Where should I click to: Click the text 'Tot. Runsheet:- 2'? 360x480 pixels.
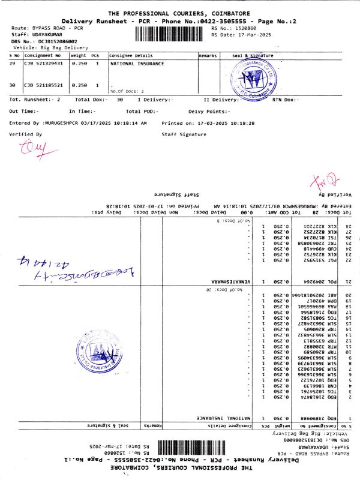[x=35, y=99]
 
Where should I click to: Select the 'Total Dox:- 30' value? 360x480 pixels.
[x=100, y=99]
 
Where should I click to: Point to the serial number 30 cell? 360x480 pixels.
[x=13, y=85]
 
